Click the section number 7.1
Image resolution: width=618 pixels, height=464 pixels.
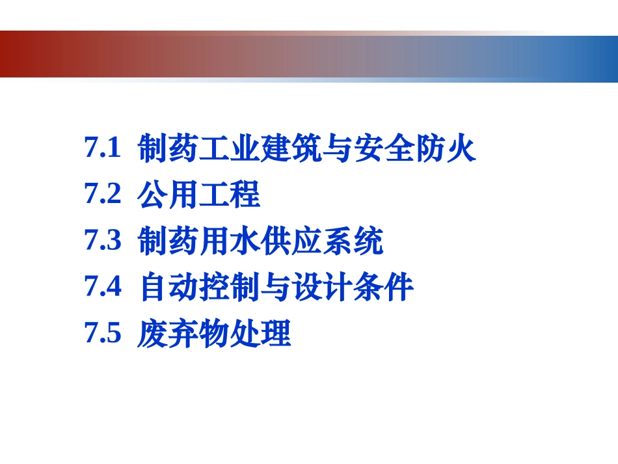click(103, 148)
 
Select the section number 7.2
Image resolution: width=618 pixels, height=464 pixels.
click(103, 195)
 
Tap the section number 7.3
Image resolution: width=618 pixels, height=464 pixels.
click(103, 241)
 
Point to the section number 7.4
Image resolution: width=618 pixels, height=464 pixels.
click(103, 287)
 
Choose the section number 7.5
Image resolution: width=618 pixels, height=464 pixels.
click(103, 334)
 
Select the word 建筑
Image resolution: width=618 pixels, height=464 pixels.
click(291, 149)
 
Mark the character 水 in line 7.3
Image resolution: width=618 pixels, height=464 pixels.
click(245, 241)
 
